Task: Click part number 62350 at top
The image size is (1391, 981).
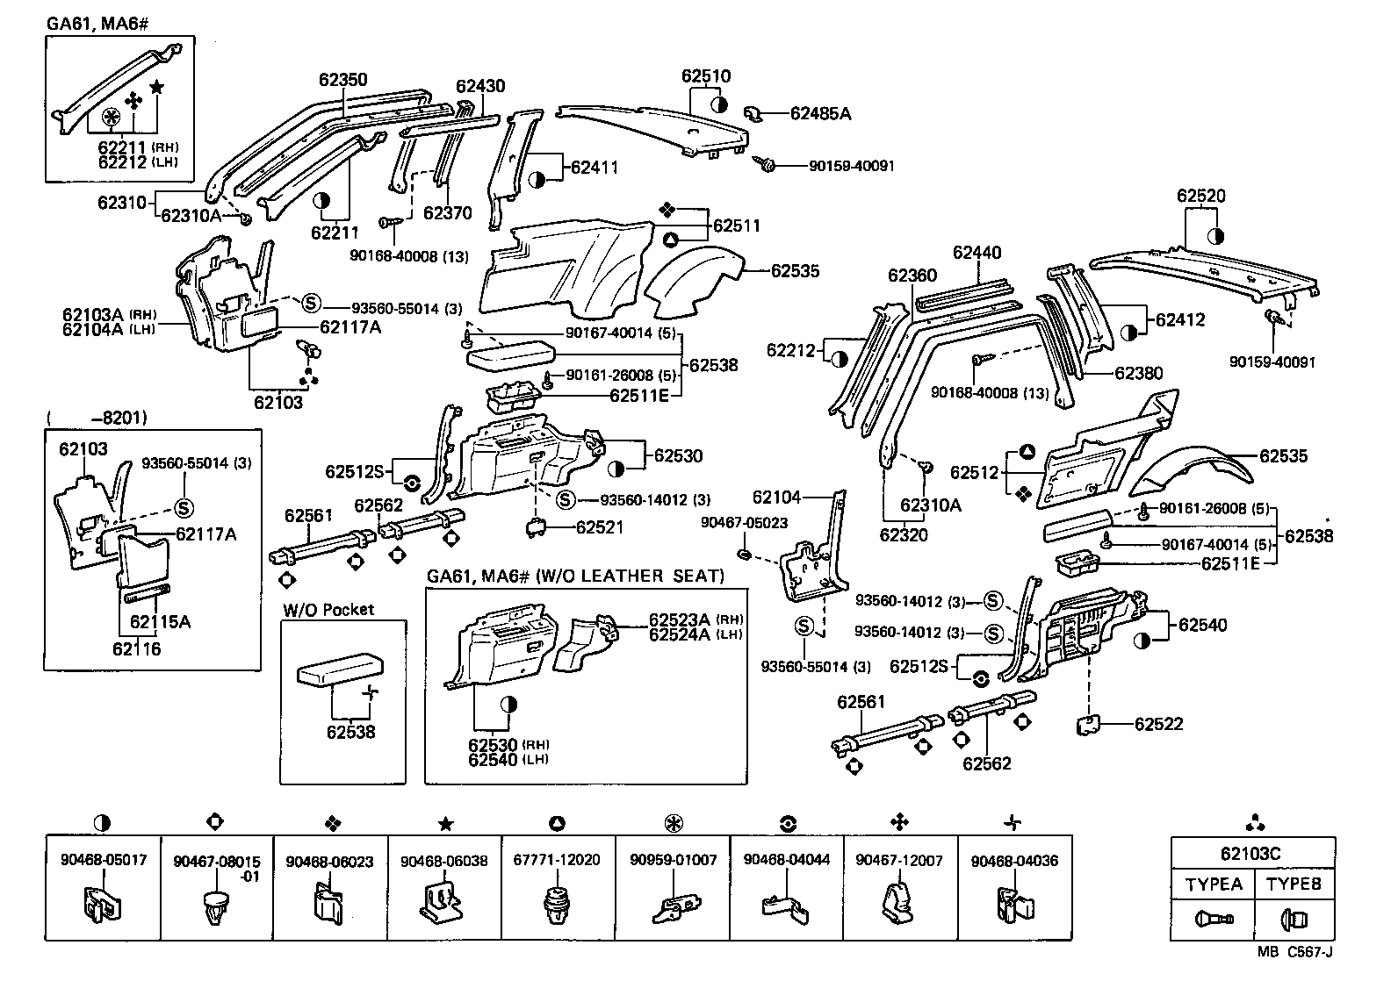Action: (x=342, y=80)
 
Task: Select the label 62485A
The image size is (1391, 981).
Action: (x=820, y=113)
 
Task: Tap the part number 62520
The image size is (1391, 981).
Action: (x=1200, y=196)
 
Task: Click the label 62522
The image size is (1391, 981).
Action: (x=1158, y=724)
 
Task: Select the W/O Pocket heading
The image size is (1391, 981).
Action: (x=328, y=609)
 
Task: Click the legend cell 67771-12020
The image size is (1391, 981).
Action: (x=557, y=861)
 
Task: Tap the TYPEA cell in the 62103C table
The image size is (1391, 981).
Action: (x=1214, y=884)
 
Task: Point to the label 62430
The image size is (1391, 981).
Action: (x=480, y=86)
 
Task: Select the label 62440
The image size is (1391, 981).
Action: (x=977, y=254)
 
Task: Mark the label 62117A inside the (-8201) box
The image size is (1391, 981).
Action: (x=205, y=533)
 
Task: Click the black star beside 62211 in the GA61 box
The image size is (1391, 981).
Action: (x=156, y=86)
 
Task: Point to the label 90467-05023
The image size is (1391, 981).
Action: (x=744, y=522)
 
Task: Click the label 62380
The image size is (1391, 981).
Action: (x=1139, y=373)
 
